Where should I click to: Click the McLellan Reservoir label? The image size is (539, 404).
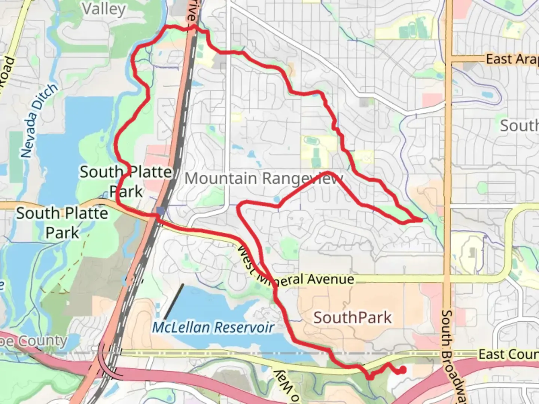point(213,328)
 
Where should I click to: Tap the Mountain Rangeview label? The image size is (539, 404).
point(264,178)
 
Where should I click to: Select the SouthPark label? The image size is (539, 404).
point(352,318)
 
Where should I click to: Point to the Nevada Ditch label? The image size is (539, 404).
point(39,120)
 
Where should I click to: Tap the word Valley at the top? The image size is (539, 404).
point(104,9)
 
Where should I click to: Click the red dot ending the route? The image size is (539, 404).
point(403,370)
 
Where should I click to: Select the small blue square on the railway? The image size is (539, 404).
point(161,211)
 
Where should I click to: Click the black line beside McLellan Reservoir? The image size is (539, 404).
point(173,302)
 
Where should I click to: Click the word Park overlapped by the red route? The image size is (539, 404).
point(126,192)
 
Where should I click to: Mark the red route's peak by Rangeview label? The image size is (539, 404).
point(328,172)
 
